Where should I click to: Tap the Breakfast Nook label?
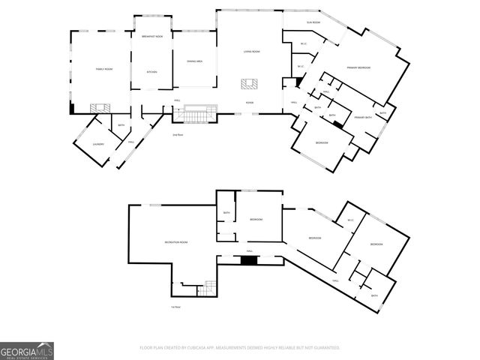(x=152, y=37)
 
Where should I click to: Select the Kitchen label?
(x=151, y=72)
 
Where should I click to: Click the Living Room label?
(x=251, y=51)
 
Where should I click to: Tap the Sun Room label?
(x=313, y=22)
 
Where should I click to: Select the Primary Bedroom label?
(x=359, y=68)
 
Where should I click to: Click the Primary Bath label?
(x=364, y=118)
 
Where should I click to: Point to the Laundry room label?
(x=97, y=144)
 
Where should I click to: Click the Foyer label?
(x=249, y=103)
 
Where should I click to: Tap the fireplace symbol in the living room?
(x=248, y=84)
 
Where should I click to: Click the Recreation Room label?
(x=175, y=242)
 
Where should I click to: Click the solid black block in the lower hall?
(x=249, y=260)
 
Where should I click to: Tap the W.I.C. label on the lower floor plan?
(x=349, y=220)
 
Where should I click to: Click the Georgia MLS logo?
(x=27, y=351)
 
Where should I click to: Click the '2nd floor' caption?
(x=178, y=135)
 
